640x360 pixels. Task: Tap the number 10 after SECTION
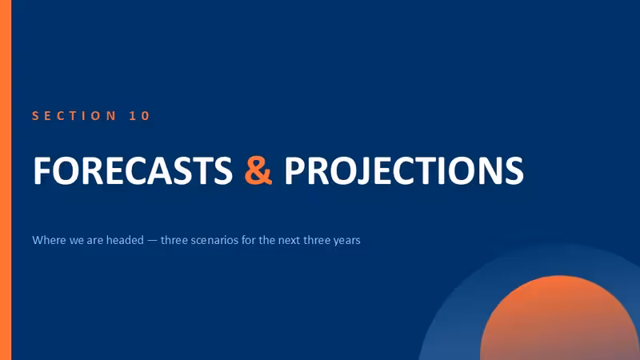tap(139, 116)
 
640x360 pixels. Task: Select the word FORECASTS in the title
tap(133, 170)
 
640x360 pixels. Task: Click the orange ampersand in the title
tap(258, 170)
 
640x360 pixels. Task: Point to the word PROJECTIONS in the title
tap(404, 170)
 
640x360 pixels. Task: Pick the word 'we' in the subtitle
tap(76, 241)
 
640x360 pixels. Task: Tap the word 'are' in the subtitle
tap(94, 241)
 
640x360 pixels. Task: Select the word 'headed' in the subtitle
tap(125, 240)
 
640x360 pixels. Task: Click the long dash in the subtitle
tap(152, 241)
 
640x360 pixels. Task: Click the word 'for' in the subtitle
tap(248, 240)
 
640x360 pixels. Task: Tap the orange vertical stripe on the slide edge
tap(6, 180)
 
